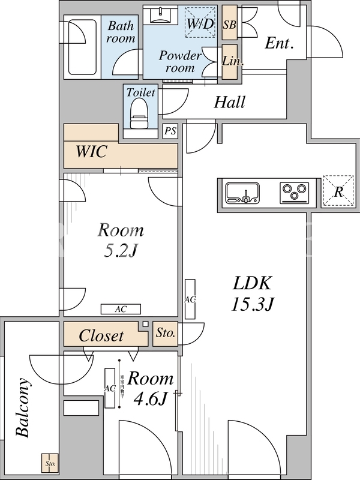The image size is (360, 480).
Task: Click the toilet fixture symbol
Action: pos(139,113)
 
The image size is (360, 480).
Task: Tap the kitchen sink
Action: pos(243,193)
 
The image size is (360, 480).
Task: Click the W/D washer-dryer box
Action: pos(200,23)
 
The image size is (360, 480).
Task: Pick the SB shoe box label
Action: pos(229,25)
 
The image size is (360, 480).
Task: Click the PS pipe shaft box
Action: pos(170,131)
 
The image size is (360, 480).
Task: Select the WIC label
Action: pos(91,151)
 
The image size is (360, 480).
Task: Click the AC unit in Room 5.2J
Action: pos(120,309)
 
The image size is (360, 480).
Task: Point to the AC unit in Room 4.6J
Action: pos(110,388)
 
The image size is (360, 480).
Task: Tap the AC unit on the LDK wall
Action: pos(190,298)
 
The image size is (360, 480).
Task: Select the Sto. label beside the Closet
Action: pos(165,333)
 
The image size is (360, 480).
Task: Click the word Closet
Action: pos(101,336)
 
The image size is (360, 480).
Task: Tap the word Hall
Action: pos(230,103)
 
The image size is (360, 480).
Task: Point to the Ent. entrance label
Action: pos(279,43)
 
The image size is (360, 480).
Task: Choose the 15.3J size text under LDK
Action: pos(253,304)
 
